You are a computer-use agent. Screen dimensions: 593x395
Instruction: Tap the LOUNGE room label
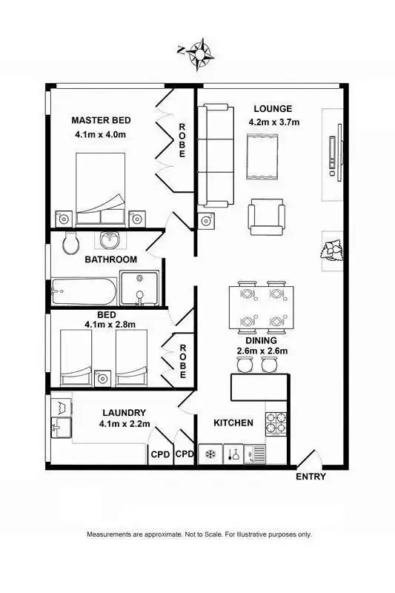(272, 108)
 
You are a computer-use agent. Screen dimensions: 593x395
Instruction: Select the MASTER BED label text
(101, 120)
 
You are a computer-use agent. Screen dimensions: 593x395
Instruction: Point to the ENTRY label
(311, 477)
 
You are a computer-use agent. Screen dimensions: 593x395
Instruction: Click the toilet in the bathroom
(70, 242)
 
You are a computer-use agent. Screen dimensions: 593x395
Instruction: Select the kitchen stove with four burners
(276, 423)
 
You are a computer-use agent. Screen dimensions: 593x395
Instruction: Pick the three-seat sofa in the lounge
(214, 156)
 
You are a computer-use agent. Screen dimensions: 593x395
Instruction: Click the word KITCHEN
(233, 423)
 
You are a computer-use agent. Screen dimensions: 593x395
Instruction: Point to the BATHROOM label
(110, 259)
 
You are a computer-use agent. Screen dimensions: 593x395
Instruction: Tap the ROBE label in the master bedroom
(182, 140)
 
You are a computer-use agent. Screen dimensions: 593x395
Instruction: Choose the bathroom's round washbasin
(109, 240)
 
